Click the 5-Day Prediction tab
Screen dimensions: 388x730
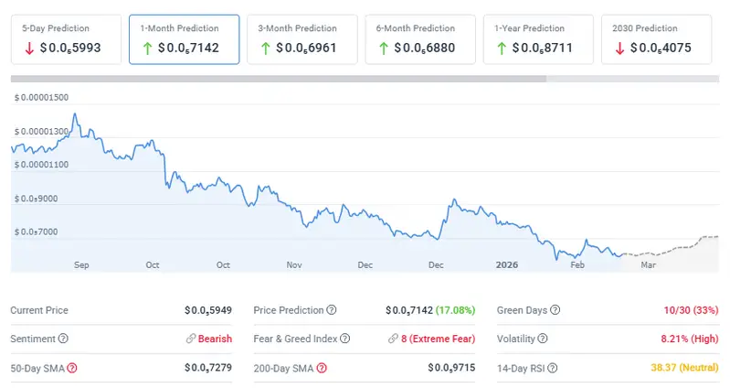pyautogui.click(x=66, y=38)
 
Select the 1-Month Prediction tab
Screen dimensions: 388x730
pyautogui.click(x=184, y=38)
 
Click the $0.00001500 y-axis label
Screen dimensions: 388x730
pyautogui.click(x=42, y=97)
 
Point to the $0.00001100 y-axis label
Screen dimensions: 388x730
pyautogui.click(x=42, y=165)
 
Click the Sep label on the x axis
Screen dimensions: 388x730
pyautogui.click(x=81, y=264)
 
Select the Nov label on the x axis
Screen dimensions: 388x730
pyautogui.click(x=294, y=264)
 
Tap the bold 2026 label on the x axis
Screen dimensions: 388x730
pyautogui.click(x=507, y=264)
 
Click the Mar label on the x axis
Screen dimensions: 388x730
pyautogui.click(x=648, y=264)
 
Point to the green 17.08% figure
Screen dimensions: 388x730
pyautogui.click(x=452, y=310)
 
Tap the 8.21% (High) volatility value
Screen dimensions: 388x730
pyautogui.click(x=687, y=339)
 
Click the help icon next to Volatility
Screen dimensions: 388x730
pyautogui.click(x=543, y=339)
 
